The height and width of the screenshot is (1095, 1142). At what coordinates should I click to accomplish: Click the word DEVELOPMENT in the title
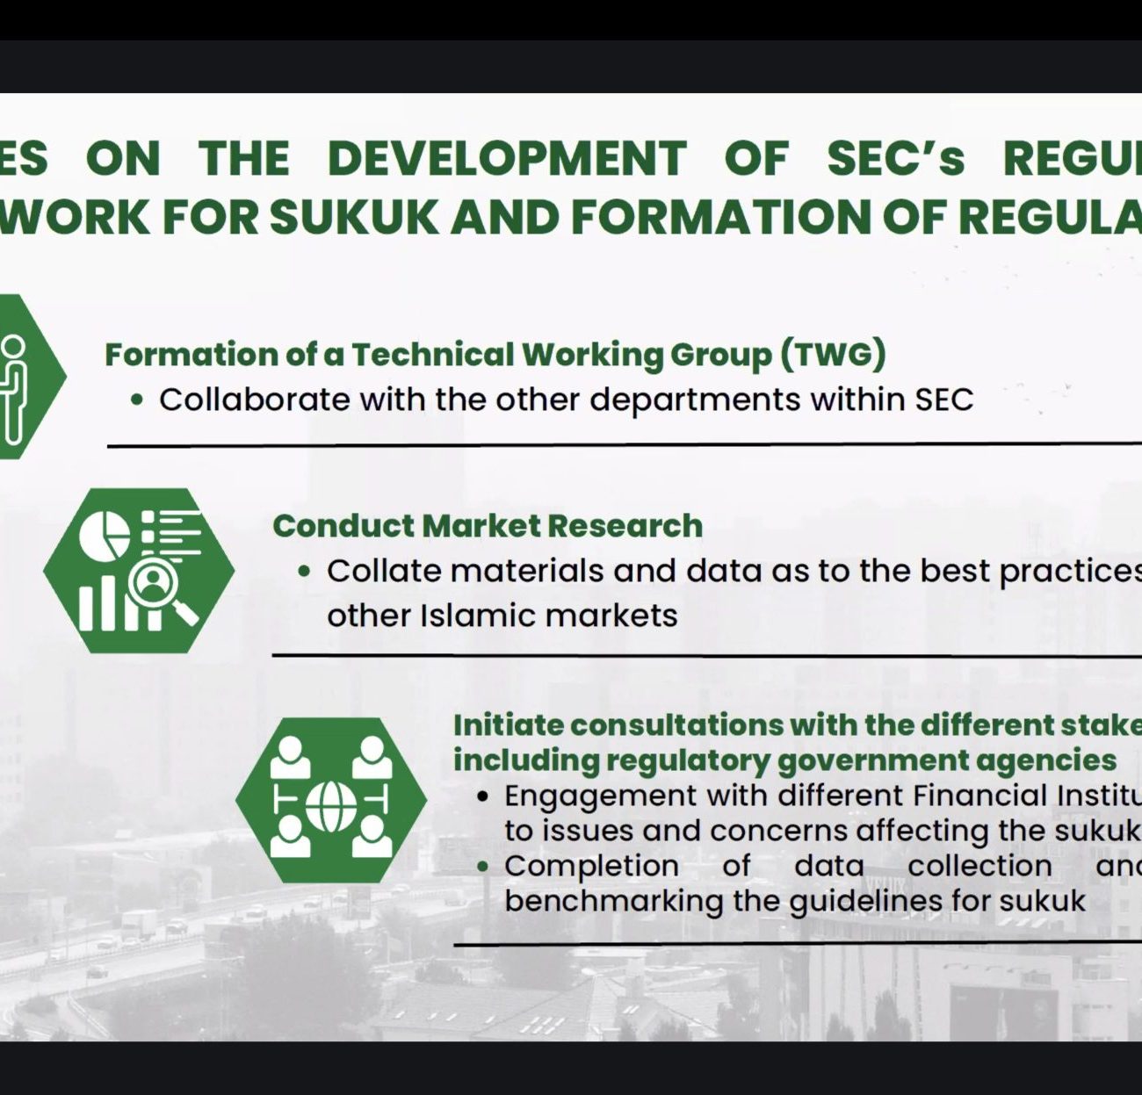point(507,158)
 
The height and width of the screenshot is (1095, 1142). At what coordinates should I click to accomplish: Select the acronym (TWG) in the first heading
point(833,356)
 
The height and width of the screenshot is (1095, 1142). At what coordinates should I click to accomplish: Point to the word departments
point(695,400)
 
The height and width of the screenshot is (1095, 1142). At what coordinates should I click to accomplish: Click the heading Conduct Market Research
point(488,525)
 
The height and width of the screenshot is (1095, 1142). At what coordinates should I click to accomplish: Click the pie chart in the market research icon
point(105,535)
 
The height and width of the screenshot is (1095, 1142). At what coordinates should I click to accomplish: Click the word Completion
point(591,867)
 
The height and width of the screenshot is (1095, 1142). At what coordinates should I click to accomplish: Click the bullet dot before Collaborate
point(137,400)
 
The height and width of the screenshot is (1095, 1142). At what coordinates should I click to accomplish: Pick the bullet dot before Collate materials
point(304,571)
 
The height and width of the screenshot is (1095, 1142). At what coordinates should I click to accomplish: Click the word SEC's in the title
point(895,158)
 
